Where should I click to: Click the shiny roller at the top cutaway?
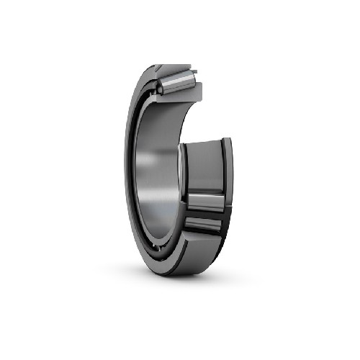tap(176, 78)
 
